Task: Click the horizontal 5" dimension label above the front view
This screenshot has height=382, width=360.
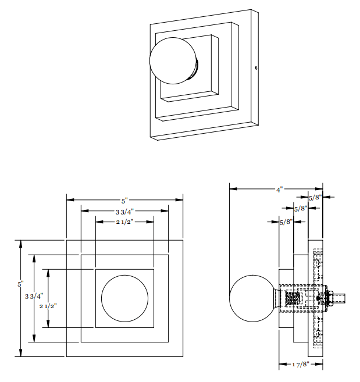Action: click(125, 200)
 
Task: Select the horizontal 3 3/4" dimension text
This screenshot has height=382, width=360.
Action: click(124, 211)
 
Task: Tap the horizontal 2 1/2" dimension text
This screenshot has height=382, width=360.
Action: click(124, 222)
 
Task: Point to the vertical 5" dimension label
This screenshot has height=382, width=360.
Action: click(19, 284)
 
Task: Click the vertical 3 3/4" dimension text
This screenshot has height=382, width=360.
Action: click(33, 296)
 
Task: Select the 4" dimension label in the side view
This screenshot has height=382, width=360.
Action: click(279, 190)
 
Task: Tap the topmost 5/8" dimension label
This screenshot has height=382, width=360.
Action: click(315, 198)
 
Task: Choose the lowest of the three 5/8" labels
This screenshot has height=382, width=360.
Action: click(286, 222)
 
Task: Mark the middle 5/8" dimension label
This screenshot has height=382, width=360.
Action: click(300, 208)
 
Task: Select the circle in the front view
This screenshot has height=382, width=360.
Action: click(124, 298)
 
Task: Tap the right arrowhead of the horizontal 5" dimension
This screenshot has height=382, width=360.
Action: click(180, 200)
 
